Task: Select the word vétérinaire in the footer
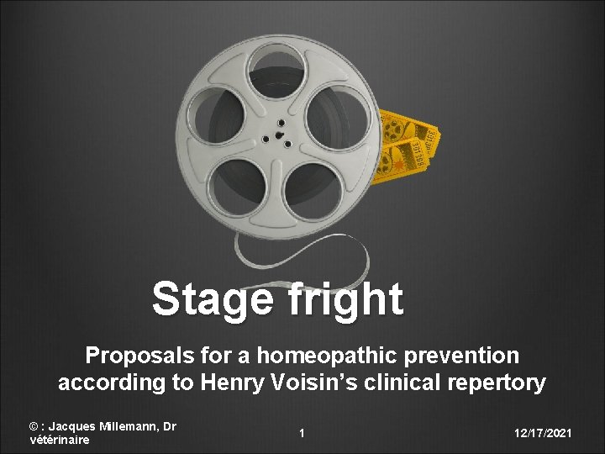coord(59,439)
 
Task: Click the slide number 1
coord(302,433)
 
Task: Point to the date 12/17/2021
coord(544,433)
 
